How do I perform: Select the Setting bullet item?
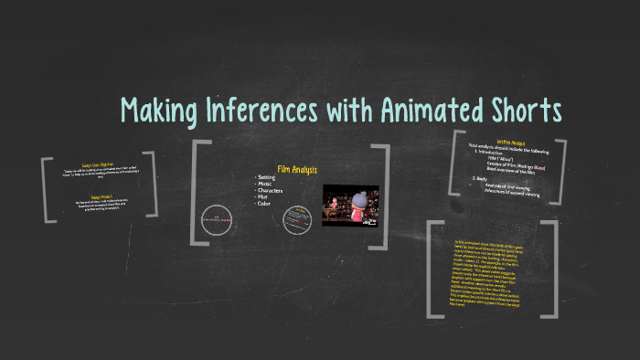[x=267, y=177]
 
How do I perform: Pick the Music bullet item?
[x=266, y=185]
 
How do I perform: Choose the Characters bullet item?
[x=272, y=192]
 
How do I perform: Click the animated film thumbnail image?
[x=351, y=206]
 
